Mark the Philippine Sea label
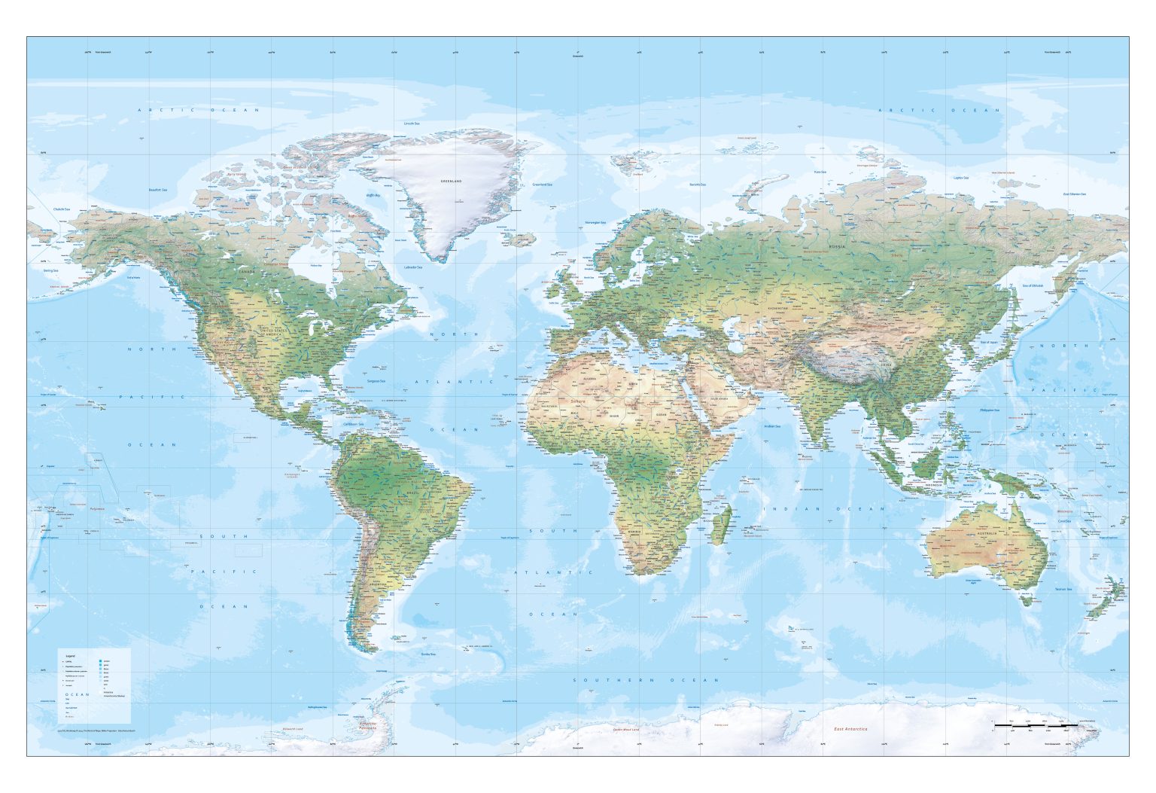(990, 410)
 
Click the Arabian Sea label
(772, 426)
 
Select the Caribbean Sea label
(354, 424)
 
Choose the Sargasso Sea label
(376, 380)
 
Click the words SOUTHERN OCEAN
(646, 680)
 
